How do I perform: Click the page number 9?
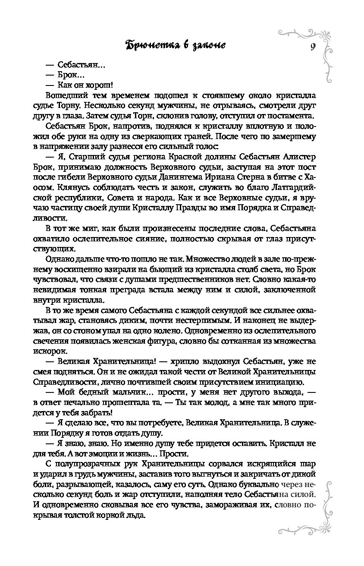pos(311,47)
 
